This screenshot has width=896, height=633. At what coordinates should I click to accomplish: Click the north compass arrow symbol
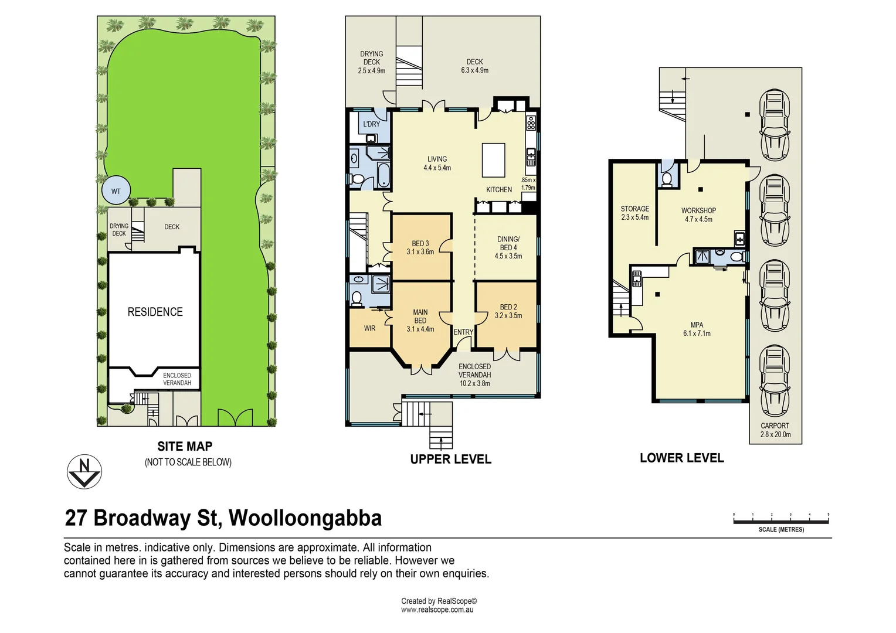tap(84, 472)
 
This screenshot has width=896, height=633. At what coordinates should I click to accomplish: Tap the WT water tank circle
tap(116, 190)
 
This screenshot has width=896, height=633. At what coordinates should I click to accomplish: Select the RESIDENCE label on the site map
tap(155, 312)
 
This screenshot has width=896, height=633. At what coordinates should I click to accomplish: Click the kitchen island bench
tap(493, 160)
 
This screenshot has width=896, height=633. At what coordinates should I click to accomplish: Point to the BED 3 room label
tap(420, 243)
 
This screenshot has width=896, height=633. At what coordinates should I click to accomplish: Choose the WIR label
tap(369, 328)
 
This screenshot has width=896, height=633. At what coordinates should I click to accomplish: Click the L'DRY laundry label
tap(372, 124)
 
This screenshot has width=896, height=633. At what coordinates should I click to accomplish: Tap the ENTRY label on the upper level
tap(463, 332)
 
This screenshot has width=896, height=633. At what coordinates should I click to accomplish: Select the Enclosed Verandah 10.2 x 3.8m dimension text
tap(475, 383)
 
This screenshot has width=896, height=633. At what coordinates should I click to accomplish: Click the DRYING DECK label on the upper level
tap(372, 58)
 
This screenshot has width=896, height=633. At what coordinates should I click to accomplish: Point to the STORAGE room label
tap(635, 209)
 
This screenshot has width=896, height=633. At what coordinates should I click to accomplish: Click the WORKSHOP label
tap(699, 210)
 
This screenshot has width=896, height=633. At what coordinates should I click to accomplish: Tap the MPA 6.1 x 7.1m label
tap(697, 329)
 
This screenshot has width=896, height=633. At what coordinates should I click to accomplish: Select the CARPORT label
tap(775, 426)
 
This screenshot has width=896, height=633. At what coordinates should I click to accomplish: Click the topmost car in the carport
tap(775, 124)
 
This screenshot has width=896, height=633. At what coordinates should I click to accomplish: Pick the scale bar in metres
tap(781, 521)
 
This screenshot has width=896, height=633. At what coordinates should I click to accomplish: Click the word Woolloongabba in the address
tap(305, 518)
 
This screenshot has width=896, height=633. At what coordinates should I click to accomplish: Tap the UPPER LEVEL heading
tap(451, 459)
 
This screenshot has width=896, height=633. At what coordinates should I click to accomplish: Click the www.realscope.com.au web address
tap(437, 610)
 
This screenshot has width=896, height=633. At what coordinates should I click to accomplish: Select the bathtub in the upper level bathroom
tap(383, 175)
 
